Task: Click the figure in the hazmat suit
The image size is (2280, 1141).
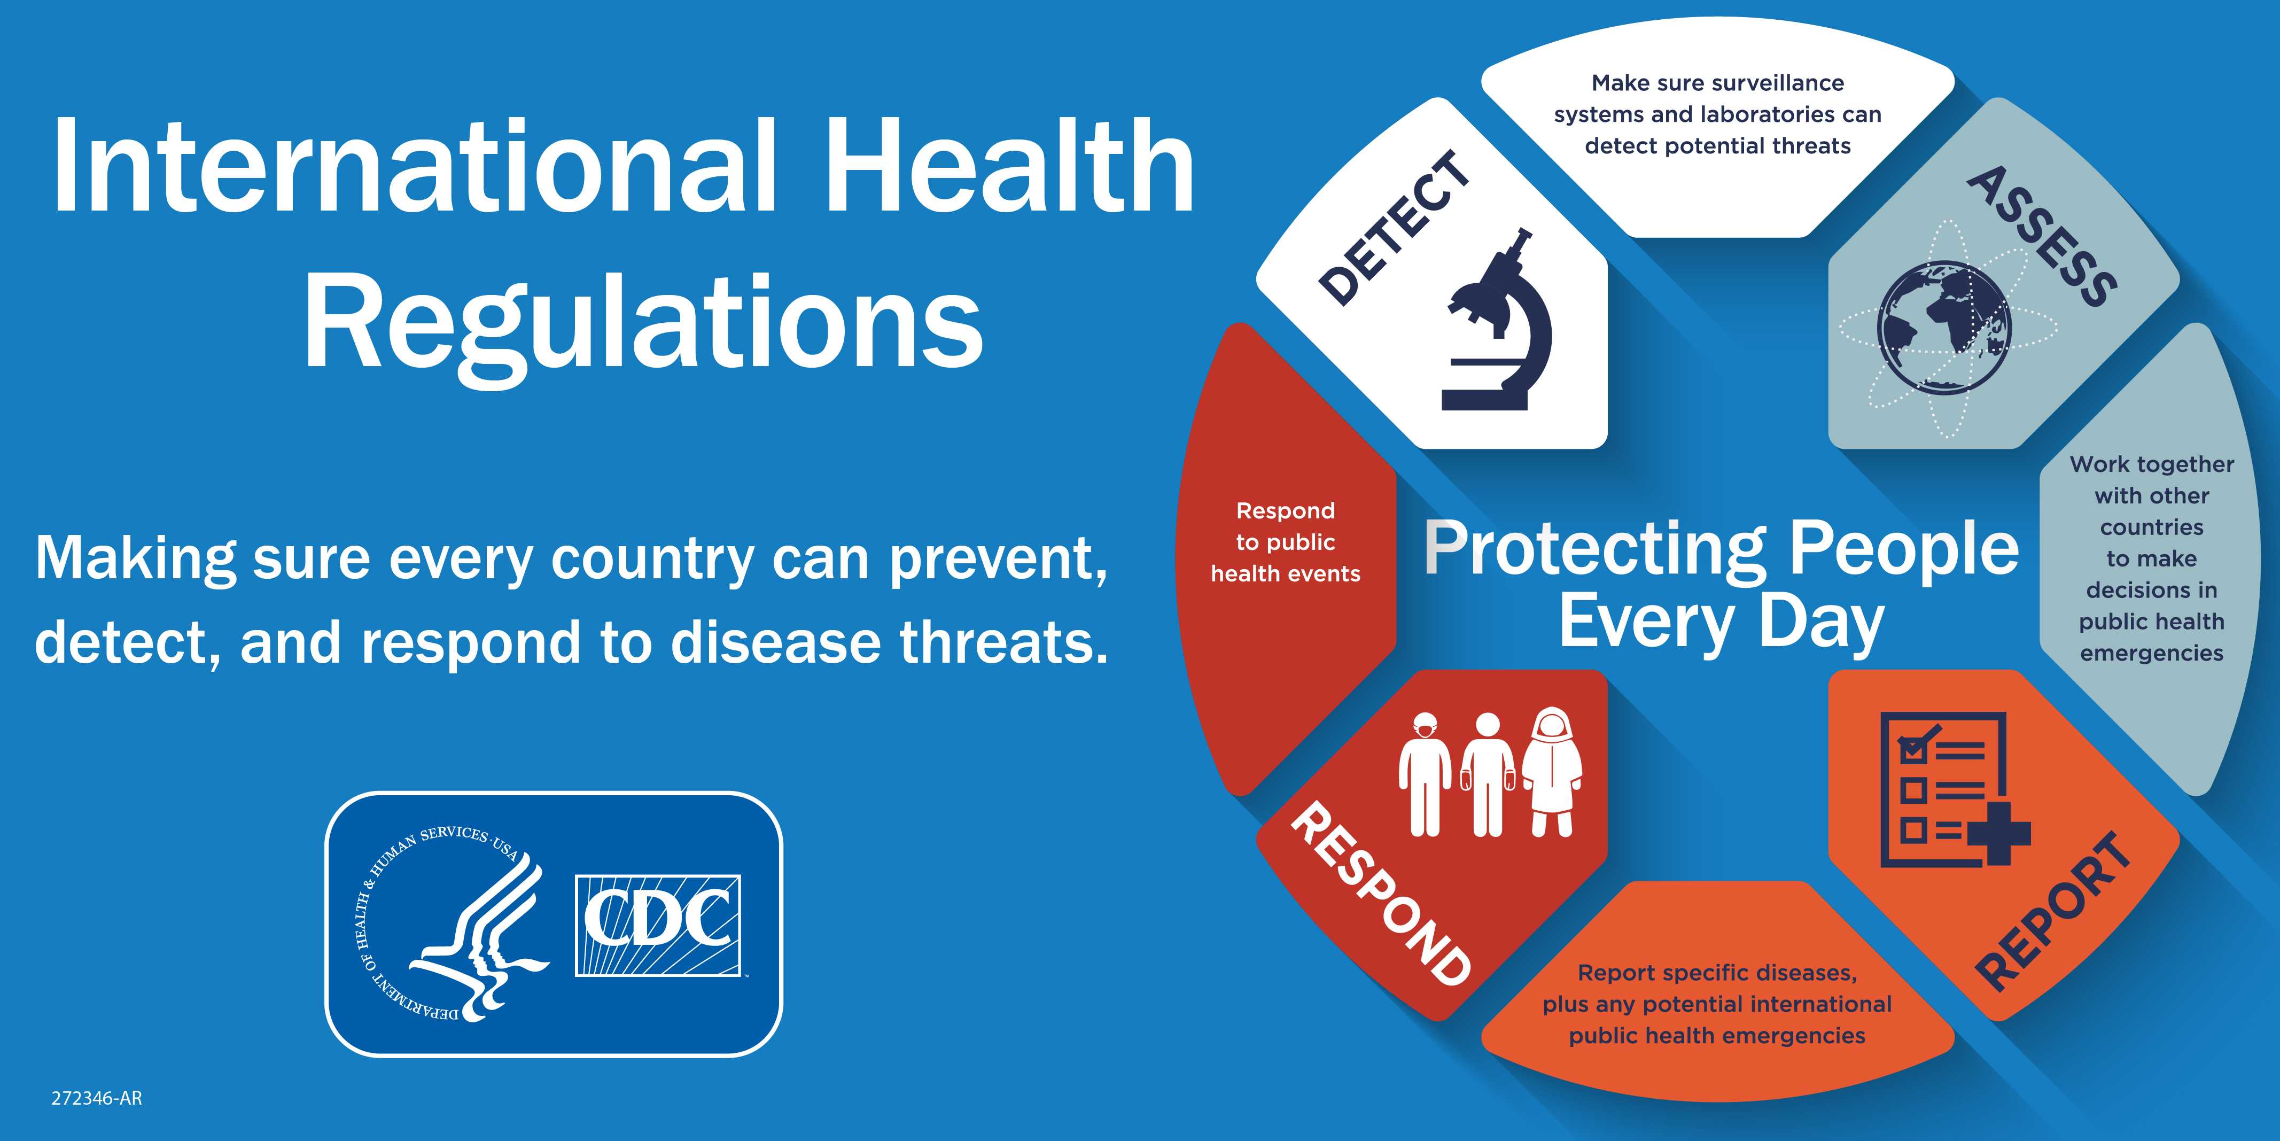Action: click(x=1552, y=770)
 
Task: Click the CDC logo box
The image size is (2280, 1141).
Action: click(x=658, y=925)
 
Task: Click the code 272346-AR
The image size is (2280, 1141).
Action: click(x=97, y=1098)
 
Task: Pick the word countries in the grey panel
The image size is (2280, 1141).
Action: click(x=2152, y=527)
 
